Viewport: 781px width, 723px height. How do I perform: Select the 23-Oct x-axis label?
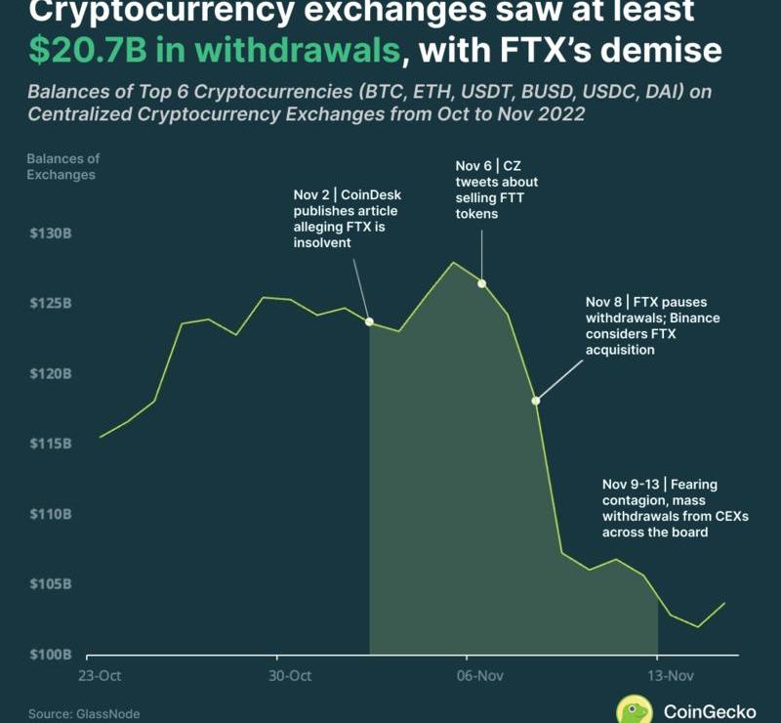coord(100,675)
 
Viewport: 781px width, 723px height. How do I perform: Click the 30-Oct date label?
coord(290,675)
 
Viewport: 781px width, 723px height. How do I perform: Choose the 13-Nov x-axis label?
coord(671,675)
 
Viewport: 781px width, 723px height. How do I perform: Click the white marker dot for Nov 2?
coord(369,320)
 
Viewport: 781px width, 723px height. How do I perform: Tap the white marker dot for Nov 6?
coord(481,283)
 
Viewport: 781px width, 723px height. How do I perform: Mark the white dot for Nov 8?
coord(535,401)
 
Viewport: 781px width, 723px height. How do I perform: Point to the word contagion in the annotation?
coord(636,501)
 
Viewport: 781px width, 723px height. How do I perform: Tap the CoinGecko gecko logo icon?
coord(635,711)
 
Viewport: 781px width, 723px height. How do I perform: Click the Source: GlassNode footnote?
coord(84,714)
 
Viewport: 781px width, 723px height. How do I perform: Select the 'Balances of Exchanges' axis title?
coord(62,166)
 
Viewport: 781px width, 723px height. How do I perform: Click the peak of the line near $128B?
coord(453,262)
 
